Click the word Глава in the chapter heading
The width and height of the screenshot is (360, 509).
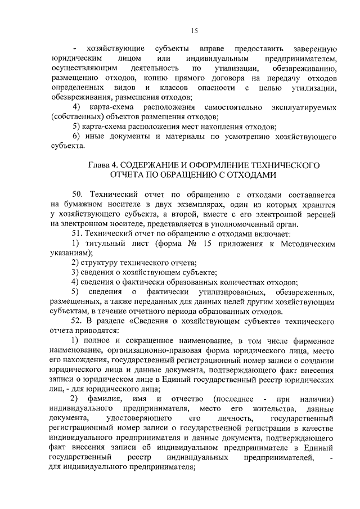click(101, 165)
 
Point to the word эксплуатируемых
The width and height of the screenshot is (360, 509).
click(303, 107)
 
